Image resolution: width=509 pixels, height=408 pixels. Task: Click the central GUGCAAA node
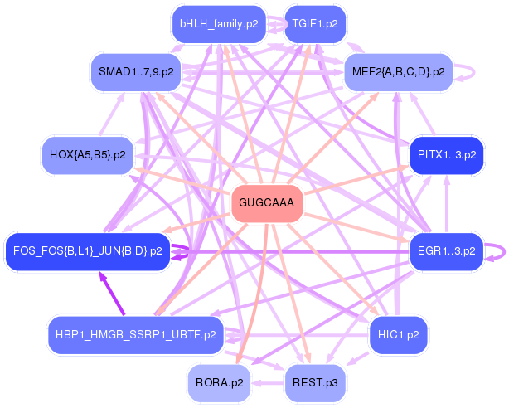[266, 202]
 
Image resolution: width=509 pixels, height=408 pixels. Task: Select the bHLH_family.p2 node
[219, 24]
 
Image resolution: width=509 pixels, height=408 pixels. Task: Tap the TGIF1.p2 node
[314, 24]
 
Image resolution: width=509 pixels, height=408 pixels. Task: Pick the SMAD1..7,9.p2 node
[136, 72]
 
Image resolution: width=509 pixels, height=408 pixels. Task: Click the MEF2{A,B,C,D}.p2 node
[398, 72]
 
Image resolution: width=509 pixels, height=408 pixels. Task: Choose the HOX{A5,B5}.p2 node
[88, 155]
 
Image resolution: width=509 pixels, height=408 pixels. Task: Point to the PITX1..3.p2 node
[447, 155]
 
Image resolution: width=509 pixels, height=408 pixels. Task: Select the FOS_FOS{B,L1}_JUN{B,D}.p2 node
[87, 250]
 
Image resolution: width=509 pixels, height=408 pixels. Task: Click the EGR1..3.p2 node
[447, 250]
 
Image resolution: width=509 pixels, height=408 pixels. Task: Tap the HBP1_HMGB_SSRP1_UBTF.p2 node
[136, 335]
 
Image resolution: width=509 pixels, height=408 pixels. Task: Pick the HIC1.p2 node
[398, 335]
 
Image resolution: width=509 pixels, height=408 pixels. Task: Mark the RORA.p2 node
[219, 382]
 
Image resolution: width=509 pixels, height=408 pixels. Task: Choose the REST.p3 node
[315, 382]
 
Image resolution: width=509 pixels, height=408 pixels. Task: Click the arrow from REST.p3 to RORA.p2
[267, 383]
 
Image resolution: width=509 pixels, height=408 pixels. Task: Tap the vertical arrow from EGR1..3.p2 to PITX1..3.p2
[447, 203]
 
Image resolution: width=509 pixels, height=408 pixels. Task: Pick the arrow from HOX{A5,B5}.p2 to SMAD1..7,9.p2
[112, 114]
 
